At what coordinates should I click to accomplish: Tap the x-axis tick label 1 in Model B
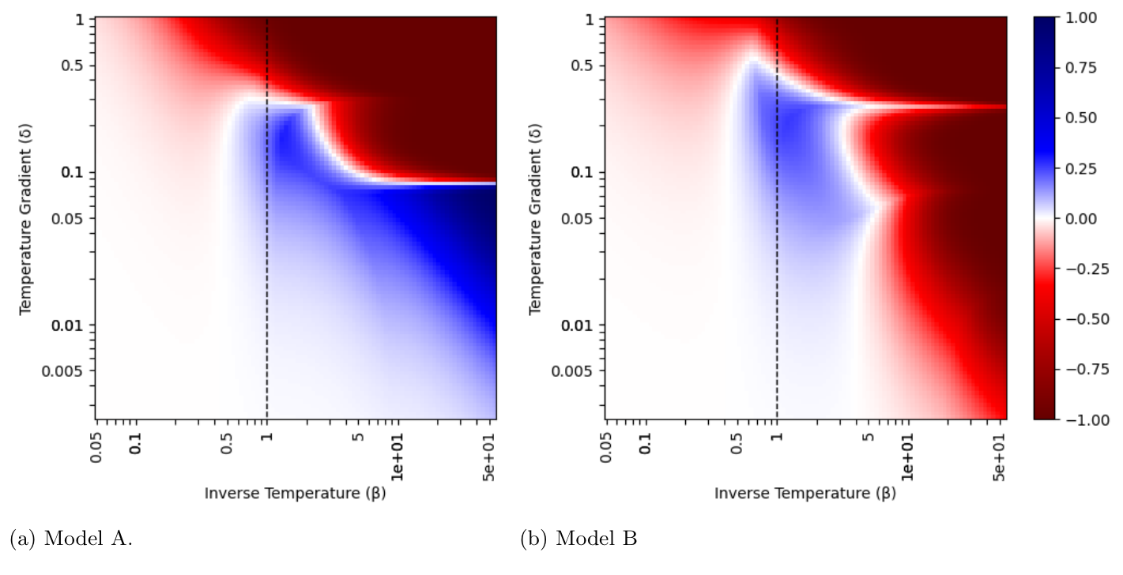pos(777,436)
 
